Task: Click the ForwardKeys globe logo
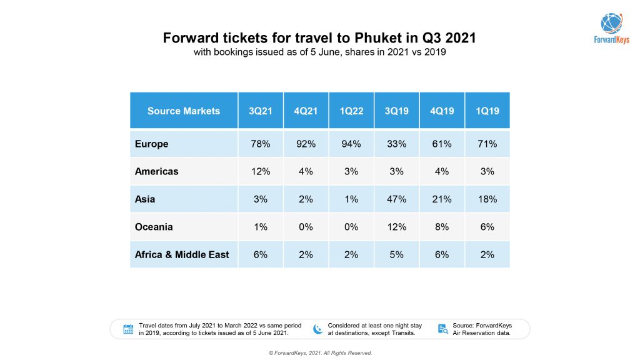pyautogui.click(x=611, y=23)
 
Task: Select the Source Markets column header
pyautogui.click(x=184, y=111)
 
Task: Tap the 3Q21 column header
pyautogui.click(x=261, y=111)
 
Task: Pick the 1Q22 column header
pyautogui.click(x=351, y=111)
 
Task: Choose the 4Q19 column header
pyautogui.click(x=441, y=111)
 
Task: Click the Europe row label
pyautogui.click(x=152, y=144)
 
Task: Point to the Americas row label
pyautogui.click(x=157, y=171)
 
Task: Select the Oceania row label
pyautogui.click(x=154, y=227)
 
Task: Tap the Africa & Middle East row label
pyautogui.click(x=182, y=254)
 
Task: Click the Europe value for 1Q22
pyautogui.click(x=351, y=144)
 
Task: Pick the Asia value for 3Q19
pyautogui.click(x=396, y=199)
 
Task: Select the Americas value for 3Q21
pyautogui.click(x=261, y=171)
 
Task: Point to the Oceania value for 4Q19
pyautogui.click(x=441, y=227)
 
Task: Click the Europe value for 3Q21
pyautogui.click(x=261, y=144)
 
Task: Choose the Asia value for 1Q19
pyautogui.click(x=487, y=199)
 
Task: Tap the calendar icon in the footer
pyautogui.click(x=128, y=329)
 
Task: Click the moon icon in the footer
pyautogui.click(x=317, y=329)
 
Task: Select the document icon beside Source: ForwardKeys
pyautogui.click(x=442, y=329)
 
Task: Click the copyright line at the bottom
pyautogui.click(x=320, y=353)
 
